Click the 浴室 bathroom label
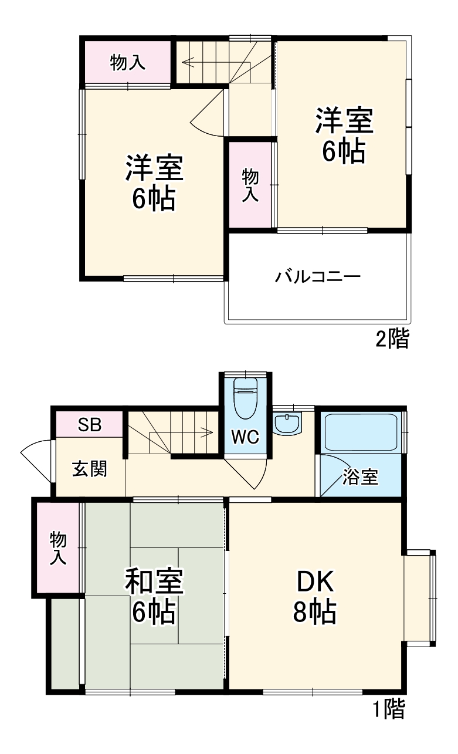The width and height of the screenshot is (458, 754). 360,478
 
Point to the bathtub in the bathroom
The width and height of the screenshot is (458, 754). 360,433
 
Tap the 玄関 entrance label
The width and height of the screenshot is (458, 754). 90,469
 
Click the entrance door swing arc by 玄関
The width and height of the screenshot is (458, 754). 35,461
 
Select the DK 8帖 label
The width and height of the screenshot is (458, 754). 315,597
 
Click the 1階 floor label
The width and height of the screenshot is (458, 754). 388,710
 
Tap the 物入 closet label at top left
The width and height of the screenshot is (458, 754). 128,63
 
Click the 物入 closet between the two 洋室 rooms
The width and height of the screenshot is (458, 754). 251,184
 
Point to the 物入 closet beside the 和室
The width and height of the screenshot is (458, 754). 57,548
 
